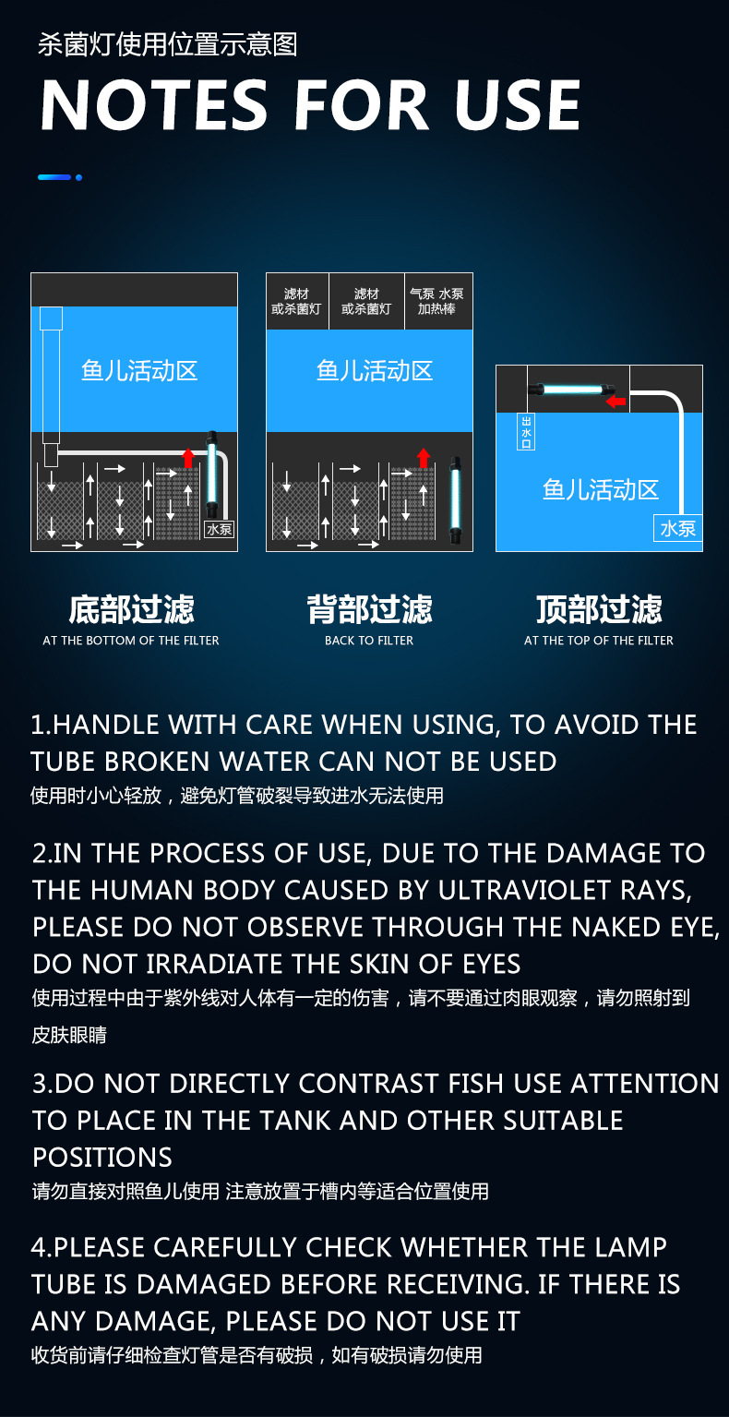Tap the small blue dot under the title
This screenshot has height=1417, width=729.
[79, 178]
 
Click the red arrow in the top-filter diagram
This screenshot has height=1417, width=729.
[615, 401]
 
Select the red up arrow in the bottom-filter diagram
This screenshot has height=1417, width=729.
[187, 457]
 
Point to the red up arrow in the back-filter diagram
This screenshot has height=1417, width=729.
[424, 457]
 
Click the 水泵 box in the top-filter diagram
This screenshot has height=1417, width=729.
[677, 528]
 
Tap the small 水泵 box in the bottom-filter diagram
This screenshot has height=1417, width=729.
[219, 529]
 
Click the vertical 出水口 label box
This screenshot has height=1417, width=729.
[526, 431]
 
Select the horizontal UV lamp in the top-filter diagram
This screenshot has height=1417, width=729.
[571, 389]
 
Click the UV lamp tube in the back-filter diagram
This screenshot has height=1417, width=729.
[455, 499]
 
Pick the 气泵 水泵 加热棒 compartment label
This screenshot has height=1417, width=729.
[436, 301]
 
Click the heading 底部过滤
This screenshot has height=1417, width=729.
[132, 609]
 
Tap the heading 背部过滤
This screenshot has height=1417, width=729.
[369, 609]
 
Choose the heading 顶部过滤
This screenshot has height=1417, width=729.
[599, 609]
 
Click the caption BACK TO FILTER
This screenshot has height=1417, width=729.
[369, 640]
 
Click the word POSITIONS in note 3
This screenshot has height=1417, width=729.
[102, 1157]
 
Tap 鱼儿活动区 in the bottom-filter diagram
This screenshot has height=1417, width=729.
[139, 371]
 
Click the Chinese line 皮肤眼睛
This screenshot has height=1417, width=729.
[69, 1035]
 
